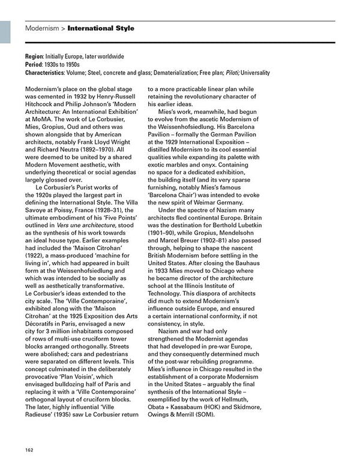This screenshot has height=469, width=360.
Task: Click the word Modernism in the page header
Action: point(41,28)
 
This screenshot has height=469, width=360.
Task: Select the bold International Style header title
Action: point(101,28)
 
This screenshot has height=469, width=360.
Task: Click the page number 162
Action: point(29,450)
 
